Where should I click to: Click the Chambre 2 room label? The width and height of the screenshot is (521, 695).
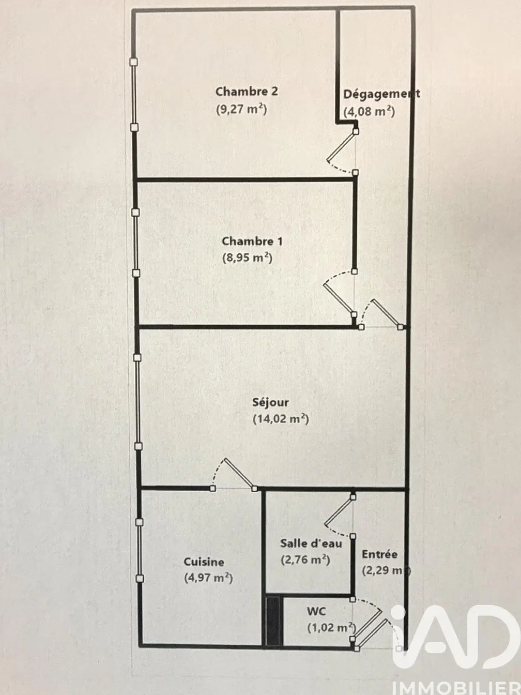point(247,92)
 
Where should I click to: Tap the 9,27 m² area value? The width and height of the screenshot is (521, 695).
point(242,109)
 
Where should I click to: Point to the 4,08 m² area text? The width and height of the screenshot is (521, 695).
point(369,112)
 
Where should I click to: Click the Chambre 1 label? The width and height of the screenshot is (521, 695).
point(252,241)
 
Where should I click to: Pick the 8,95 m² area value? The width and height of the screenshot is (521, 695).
point(247,258)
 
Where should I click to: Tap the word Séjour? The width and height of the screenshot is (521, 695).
point(270,403)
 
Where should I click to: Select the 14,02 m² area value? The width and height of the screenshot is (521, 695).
point(281,419)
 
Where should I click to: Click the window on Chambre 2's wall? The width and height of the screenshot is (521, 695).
point(134,95)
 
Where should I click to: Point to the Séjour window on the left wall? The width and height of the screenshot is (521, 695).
point(137,402)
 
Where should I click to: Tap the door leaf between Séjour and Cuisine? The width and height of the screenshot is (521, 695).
point(239,473)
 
